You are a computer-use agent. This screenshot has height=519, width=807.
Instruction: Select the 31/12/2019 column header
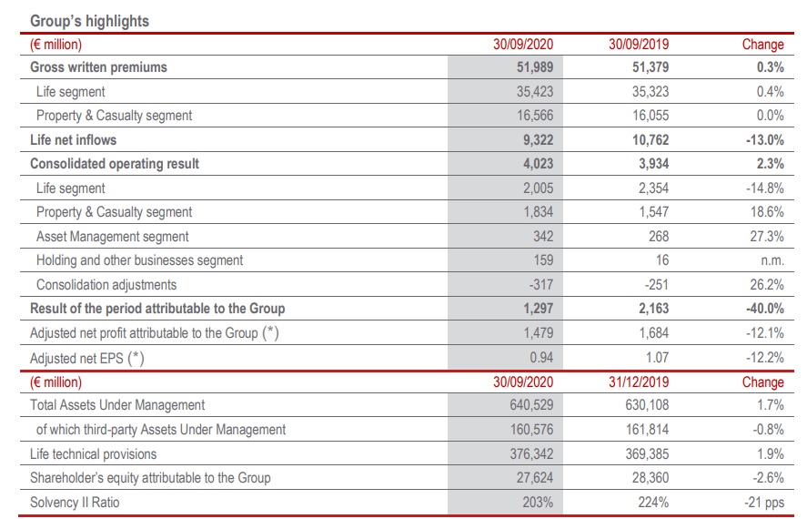pos(640,382)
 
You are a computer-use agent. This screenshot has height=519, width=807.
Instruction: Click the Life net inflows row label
pos(74,139)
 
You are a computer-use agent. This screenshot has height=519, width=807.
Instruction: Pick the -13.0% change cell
pos(762,139)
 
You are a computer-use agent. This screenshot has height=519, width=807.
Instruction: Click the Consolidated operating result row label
pos(115,164)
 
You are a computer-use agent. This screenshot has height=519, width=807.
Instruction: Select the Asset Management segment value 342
pos(543,236)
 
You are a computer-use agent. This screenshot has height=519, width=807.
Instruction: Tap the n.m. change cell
pos(770,260)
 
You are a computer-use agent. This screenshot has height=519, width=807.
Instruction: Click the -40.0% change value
pos(762,309)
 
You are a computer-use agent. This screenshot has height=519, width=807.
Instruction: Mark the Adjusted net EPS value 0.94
pos(540,358)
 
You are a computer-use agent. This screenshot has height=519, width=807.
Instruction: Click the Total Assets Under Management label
pos(117,405)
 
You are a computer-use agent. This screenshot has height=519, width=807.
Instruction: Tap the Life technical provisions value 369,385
pos(645,453)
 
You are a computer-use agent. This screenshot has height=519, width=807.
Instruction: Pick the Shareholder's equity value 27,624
pos(534,477)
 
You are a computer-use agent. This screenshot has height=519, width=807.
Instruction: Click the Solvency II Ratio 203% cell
pos(539,502)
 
